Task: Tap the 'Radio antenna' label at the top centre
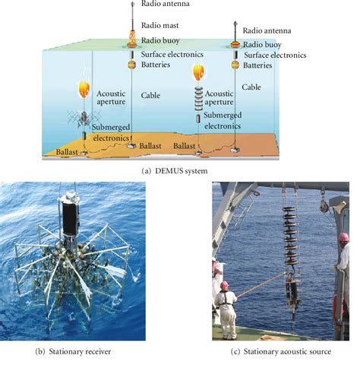165,4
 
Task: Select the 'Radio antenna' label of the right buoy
273,30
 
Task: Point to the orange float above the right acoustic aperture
199,72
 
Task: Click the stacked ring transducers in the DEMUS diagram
199,99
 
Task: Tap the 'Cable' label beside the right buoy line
252,87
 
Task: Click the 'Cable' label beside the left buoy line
151,96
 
